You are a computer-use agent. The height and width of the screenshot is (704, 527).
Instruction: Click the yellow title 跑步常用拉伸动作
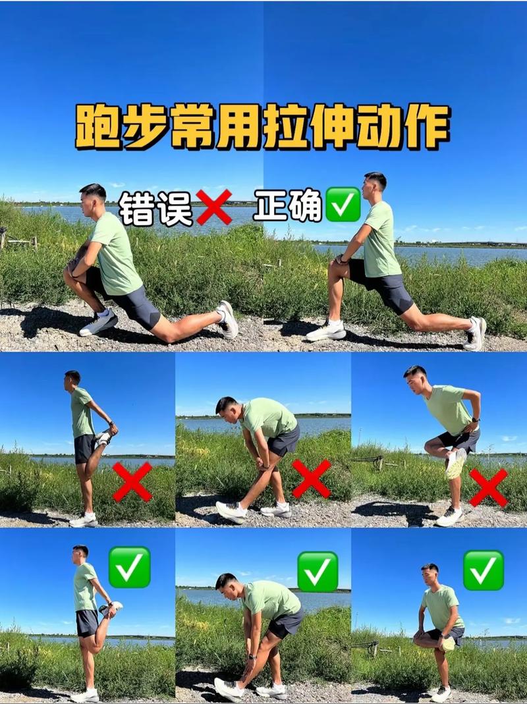263,126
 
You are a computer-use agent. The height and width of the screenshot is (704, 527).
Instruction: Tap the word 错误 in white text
156,209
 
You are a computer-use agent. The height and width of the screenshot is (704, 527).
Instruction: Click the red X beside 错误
214,207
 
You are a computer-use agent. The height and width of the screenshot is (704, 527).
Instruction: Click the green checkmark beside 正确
343,205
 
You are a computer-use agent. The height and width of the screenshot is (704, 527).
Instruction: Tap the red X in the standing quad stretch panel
132,481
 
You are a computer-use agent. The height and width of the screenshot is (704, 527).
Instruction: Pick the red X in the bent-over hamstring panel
311,478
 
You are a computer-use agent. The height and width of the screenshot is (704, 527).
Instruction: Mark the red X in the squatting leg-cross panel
488,487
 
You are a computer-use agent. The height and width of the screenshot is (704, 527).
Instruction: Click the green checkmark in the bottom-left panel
129,567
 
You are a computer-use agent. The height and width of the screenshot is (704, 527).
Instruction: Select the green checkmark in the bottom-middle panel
318,571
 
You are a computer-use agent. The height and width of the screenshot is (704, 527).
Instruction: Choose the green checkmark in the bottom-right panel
484,570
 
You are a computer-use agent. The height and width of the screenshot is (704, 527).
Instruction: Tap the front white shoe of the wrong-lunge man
99,323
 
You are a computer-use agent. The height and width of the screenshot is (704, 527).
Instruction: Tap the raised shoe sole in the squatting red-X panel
455,463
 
